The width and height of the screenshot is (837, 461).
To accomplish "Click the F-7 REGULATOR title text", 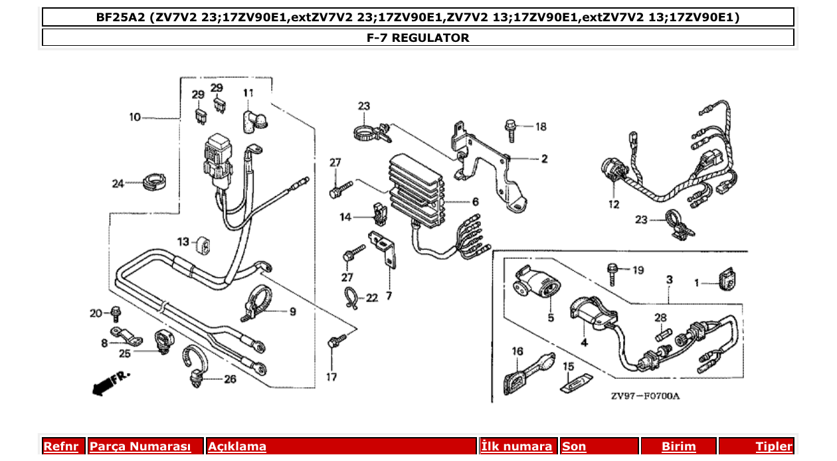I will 418,38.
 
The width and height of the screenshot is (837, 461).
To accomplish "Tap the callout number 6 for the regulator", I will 476,202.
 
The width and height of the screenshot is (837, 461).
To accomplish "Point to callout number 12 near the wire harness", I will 612,204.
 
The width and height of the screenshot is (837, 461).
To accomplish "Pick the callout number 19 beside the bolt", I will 638,270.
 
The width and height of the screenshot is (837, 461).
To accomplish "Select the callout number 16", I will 517,351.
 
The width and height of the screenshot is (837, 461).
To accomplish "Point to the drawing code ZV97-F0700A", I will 645,397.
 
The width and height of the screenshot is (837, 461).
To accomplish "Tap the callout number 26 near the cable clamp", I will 229,380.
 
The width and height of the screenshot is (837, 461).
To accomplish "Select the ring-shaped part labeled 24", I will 154,180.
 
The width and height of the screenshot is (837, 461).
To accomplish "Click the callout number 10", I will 135,117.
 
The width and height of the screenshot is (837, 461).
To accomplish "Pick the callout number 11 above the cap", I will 248,93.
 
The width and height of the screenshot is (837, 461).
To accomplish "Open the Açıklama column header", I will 237,446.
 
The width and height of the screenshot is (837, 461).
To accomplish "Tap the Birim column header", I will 678,446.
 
